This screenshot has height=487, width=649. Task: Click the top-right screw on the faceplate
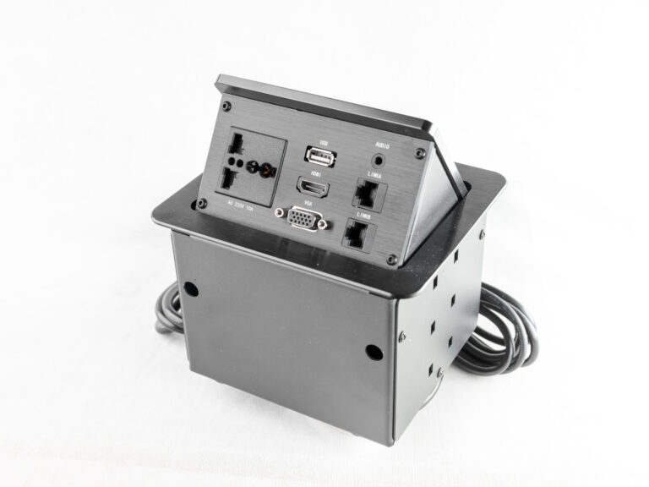[x=419, y=153]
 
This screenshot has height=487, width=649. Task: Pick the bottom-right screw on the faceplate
[x=391, y=258]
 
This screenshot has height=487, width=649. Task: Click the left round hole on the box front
[x=192, y=289]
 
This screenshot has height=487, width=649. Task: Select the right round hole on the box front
[x=372, y=350]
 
